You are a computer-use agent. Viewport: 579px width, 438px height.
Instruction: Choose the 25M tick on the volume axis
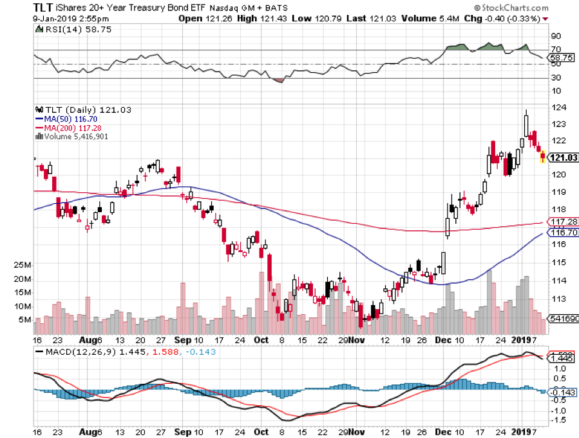(x=24, y=265)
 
